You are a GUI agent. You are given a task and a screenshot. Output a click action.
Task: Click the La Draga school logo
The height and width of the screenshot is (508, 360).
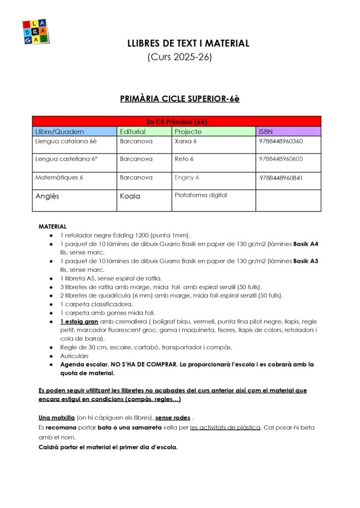(x=34, y=32)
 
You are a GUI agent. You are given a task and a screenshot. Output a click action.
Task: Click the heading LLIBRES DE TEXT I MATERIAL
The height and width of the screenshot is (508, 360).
(x=188, y=44)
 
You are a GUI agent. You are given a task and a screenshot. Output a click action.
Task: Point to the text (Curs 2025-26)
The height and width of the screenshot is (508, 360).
(x=180, y=57)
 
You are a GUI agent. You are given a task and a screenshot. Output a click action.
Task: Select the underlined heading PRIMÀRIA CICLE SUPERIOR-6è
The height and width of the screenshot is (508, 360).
(x=180, y=99)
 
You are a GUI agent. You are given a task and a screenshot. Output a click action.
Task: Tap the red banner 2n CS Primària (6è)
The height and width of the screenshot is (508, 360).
(x=176, y=122)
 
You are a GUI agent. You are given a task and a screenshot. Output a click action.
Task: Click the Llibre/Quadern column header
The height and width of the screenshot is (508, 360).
(x=60, y=131)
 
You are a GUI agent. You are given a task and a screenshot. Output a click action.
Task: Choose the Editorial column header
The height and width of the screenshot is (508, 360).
(x=133, y=131)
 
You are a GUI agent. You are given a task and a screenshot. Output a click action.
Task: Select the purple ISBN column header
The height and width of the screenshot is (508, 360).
(x=266, y=131)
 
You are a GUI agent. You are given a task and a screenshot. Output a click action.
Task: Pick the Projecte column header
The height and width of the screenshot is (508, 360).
(x=188, y=131)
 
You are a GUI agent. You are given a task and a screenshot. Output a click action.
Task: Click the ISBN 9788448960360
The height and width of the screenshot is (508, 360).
(x=281, y=141)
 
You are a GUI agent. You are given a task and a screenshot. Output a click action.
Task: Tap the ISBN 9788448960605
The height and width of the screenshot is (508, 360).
(x=281, y=159)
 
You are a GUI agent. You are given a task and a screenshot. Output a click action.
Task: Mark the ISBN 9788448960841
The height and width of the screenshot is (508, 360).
(x=281, y=178)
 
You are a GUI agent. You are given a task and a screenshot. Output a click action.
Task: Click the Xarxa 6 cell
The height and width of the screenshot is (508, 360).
(x=186, y=141)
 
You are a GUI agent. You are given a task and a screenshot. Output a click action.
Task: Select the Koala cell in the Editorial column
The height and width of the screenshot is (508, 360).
(x=130, y=196)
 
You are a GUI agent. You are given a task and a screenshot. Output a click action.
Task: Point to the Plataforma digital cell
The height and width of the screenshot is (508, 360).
(x=201, y=195)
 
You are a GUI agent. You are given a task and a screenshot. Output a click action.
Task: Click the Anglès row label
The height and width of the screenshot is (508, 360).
(x=47, y=196)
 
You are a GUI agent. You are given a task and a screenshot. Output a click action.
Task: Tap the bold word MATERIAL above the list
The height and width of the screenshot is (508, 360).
(x=52, y=226)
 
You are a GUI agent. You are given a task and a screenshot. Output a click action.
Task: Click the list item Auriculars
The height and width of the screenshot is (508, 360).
(x=74, y=356)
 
